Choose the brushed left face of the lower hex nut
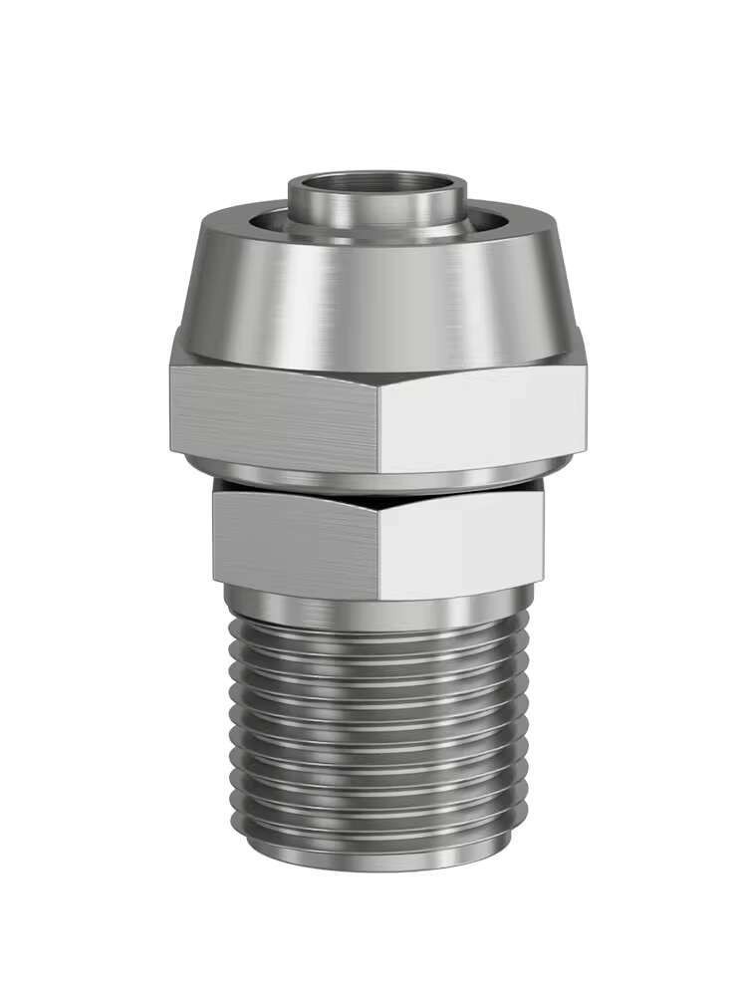pyautogui.click(x=294, y=543)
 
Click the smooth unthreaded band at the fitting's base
pyautogui.click(x=378, y=852)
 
